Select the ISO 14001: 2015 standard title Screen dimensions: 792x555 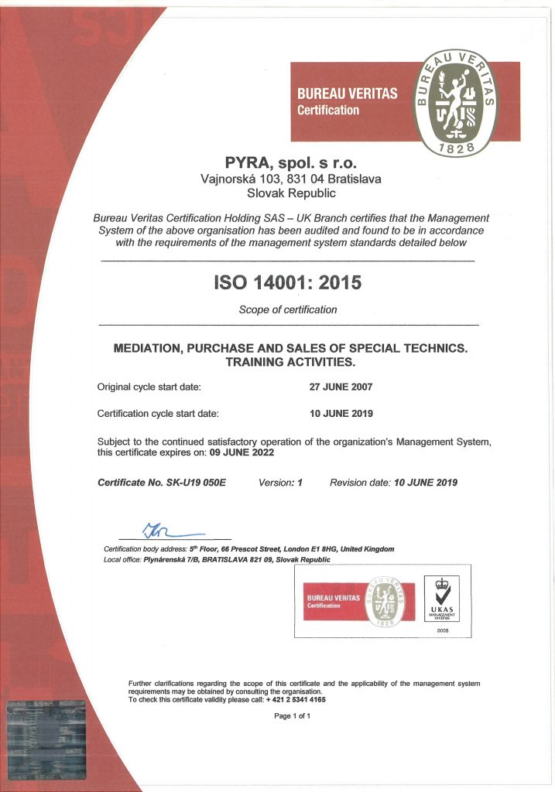point(287,283)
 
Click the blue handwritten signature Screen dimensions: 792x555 point(166,531)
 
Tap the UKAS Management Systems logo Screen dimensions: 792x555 point(443,600)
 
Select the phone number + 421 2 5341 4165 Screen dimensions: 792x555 point(296,699)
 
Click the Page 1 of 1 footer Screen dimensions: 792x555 point(293,716)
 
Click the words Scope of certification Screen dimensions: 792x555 point(288,310)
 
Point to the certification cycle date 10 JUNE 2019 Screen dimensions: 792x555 point(341,414)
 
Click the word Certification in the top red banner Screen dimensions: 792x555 point(329,111)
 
